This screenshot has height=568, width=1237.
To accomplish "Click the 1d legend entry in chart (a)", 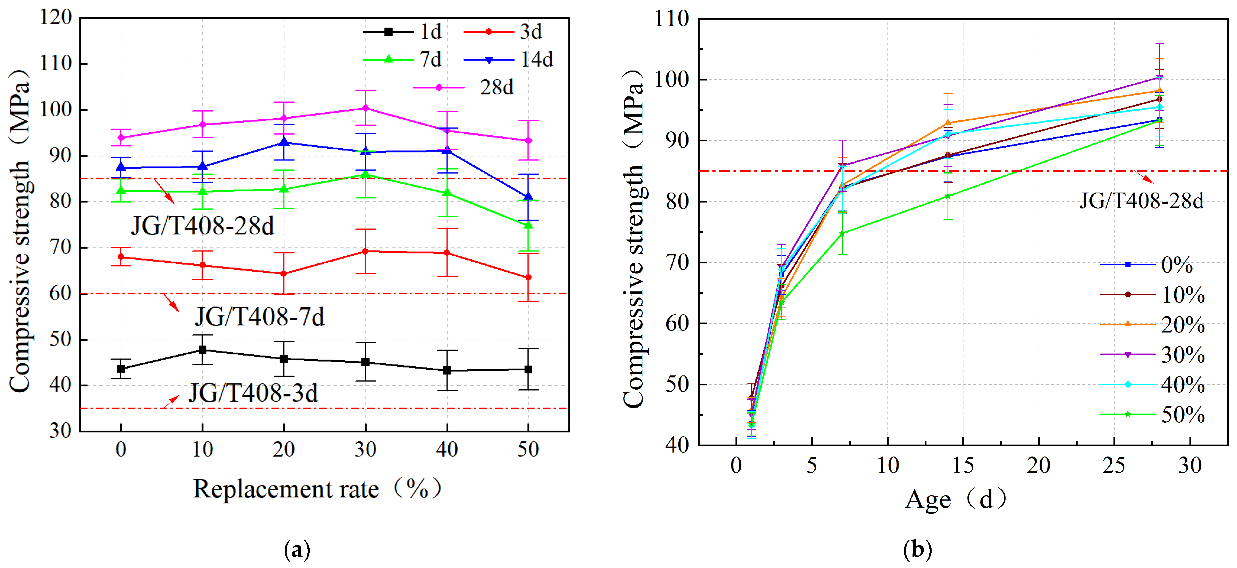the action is point(402,32).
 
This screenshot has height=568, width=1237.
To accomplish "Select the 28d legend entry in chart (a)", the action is point(463,87).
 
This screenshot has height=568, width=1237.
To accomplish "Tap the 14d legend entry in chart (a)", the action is point(508,59).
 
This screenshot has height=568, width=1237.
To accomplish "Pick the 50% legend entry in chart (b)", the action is point(1152,414).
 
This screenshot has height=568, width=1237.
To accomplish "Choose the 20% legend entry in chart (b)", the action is point(1152,325).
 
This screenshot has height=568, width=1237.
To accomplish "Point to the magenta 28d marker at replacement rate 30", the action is point(365,108).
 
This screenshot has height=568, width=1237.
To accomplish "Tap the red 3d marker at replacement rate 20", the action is point(284,274).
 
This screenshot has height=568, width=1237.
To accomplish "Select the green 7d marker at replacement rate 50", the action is point(528,225).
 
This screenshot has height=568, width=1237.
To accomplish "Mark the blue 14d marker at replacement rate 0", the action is point(121,168).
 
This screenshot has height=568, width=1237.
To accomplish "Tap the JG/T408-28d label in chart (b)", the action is point(1141,201).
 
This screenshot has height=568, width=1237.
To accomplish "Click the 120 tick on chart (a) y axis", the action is point(56,17).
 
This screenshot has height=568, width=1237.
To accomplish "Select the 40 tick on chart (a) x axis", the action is point(447,449).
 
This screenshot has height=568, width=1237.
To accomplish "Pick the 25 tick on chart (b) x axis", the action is point(1114,465).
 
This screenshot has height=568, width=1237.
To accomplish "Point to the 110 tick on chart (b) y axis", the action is point(672,19).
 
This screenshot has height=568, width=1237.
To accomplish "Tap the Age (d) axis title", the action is point(956,500).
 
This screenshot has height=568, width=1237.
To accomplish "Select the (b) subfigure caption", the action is point(918,549).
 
